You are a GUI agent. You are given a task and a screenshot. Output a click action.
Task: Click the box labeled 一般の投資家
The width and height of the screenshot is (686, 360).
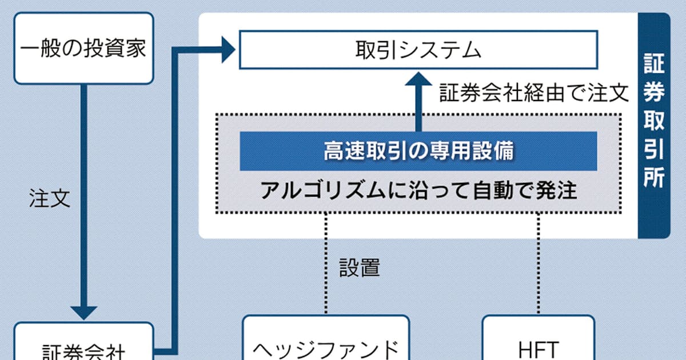tap(83, 48)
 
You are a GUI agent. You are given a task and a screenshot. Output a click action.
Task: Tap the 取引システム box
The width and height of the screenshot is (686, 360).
tap(418, 50)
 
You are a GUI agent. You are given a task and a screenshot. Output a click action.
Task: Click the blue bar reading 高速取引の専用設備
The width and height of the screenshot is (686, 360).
tap(418, 151)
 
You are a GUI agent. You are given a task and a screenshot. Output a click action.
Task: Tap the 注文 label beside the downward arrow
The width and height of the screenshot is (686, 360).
tap(50, 198)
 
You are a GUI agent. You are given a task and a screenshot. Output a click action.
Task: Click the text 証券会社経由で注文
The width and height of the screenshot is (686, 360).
tap(534, 93)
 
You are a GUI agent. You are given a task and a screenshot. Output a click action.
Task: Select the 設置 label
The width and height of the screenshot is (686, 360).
tap(360, 267)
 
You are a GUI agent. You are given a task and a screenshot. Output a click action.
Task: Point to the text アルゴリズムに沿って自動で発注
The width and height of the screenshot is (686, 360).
tap(418, 190)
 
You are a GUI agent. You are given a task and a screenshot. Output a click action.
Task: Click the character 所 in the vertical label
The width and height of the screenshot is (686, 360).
tap(653, 178)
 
